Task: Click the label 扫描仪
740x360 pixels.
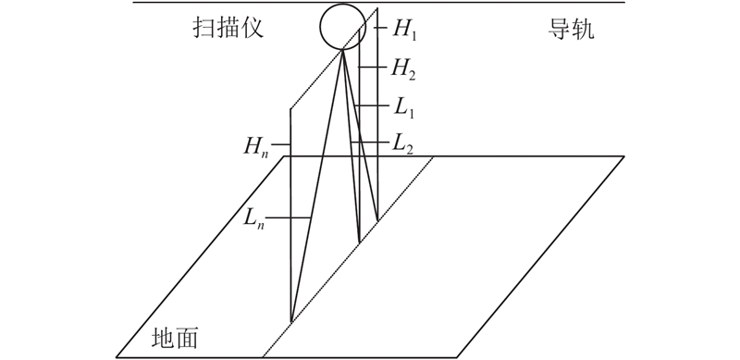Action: [228, 29]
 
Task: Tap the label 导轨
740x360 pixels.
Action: [571, 29]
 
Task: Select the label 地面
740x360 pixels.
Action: [175, 338]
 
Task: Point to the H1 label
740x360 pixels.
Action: [405, 31]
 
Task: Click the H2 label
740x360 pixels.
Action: [402, 69]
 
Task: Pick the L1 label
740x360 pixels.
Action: [403, 107]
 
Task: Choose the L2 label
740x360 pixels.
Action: [403, 144]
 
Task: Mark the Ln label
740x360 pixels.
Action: [253, 218]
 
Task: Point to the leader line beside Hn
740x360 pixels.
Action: [282, 144]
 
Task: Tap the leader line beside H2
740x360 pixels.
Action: [374, 68]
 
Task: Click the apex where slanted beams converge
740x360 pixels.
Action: [342, 50]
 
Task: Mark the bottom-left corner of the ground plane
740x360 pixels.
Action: [117, 357]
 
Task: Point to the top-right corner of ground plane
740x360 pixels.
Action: [623, 155]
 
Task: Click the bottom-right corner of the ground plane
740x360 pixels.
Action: [456, 357]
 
